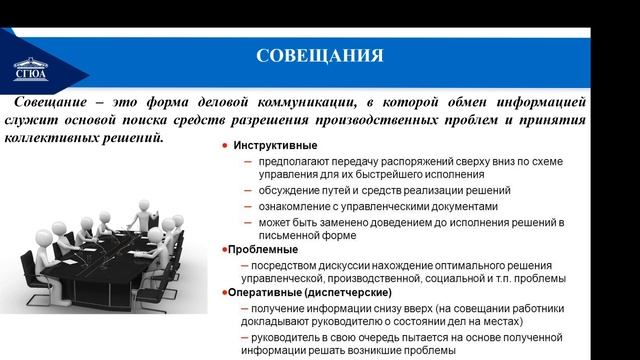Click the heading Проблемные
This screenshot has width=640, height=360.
(263, 249)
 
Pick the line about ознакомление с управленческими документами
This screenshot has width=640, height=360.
(350, 206)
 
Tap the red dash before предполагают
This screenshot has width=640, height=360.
(246, 162)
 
